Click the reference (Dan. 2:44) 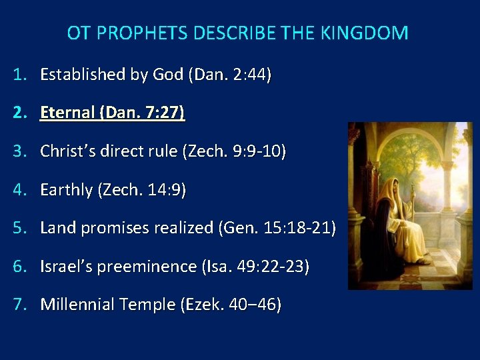point(230,75)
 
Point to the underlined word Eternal point(67,113)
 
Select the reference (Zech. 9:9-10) point(233,151)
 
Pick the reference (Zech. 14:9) point(142,190)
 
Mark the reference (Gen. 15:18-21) point(277,228)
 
